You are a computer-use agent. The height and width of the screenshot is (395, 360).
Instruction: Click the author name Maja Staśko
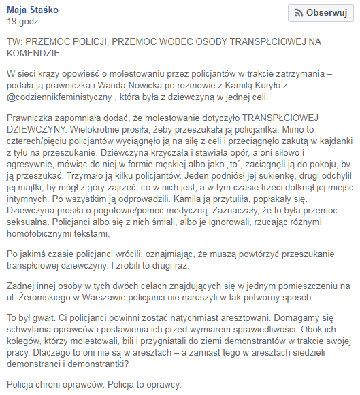33,10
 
